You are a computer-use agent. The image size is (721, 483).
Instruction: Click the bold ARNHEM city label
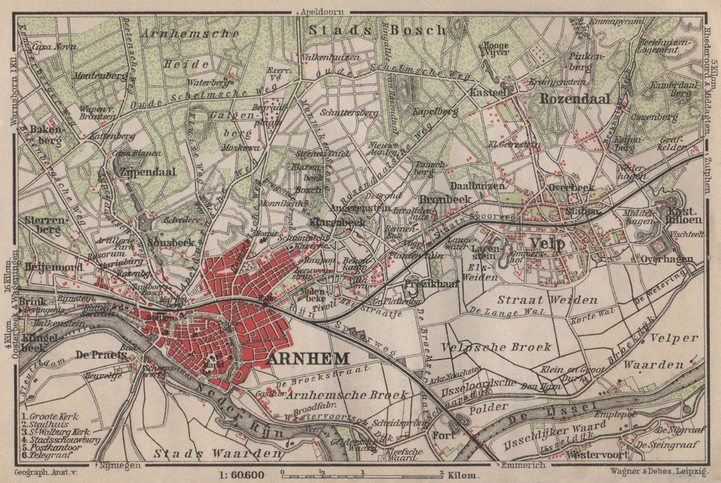click(x=308, y=359)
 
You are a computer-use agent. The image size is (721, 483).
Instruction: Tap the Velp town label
click(x=548, y=244)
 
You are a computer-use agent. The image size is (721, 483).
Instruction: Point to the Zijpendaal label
click(x=146, y=172)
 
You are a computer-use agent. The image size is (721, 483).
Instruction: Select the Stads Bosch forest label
click(x=378, y=30)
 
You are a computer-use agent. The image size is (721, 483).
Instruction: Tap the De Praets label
click(x=101, y=355)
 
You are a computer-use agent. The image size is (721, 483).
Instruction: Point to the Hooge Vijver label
click(x=496, y=49)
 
